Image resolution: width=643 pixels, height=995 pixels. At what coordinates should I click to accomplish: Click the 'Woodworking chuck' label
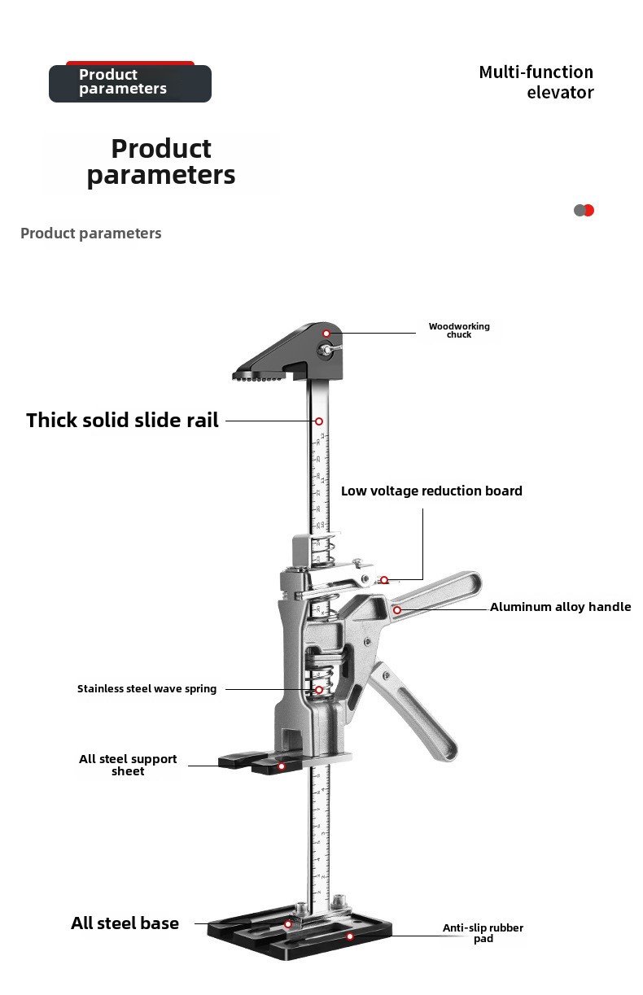coord(459,330)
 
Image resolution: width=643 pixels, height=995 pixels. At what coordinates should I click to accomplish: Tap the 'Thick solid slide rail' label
coord(122,420)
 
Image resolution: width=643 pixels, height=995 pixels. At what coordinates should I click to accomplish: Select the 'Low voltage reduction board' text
coord(431,491)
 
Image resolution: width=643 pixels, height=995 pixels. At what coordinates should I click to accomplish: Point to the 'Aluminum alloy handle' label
coord(560,607)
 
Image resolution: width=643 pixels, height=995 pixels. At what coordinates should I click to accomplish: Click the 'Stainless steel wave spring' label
coord(147,689)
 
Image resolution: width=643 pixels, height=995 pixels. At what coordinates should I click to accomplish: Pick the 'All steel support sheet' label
coord(128,765)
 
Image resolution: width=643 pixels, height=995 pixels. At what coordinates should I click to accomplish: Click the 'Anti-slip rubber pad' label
coord(483,933)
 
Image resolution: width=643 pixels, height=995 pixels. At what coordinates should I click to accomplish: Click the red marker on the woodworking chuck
coord(326,334)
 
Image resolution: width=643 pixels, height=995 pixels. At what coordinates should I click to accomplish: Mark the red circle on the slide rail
coord(319,421)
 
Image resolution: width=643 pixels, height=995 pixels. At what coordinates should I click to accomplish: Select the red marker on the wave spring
coord(319,689)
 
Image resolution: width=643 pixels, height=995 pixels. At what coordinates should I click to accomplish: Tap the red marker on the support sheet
coord(282,766)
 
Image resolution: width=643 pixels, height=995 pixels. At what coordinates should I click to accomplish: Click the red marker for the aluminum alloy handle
coord(397,610)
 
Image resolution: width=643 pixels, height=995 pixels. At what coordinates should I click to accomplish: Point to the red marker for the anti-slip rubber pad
coord(350,936)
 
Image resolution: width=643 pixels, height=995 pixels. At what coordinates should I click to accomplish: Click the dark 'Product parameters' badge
coord(130,83)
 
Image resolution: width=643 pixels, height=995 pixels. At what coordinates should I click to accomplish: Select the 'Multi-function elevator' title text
coord(536,82)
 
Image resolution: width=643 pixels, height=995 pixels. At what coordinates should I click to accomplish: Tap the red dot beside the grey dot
coord(589,210)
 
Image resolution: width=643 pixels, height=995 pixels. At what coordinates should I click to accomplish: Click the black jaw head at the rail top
coord(288,351)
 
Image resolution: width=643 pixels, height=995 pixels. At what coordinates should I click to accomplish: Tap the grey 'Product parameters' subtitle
coord(91,233)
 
